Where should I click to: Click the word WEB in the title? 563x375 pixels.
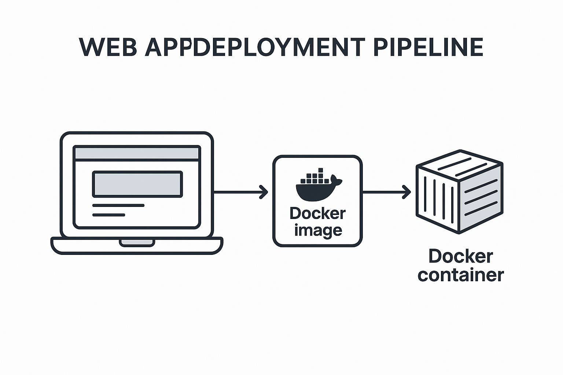tap(108, 47)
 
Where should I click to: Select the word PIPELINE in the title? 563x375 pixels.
tap(428, 47)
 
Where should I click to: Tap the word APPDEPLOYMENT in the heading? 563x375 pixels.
tap(255, 47)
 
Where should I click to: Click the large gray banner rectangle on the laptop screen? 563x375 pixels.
tap(137, 184)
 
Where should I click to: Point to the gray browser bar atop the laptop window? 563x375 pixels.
tap(136, 153)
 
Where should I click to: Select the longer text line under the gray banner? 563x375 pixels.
tap(118, 205)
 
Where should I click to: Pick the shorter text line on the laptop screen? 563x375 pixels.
tap(108, 215)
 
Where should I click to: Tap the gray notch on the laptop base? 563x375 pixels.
tap(137, 242)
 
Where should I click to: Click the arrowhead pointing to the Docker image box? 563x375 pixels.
tap(264, 192)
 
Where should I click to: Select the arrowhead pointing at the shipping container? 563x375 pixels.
tap(406, 192)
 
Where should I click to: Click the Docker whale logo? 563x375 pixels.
tap(317, 187)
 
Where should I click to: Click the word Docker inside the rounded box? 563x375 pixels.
tap(317, 214)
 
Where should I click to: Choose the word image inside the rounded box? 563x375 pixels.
tap(318, 230)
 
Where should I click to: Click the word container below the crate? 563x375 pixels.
tap(460, 275)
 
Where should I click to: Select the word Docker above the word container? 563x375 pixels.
tap(460, 256)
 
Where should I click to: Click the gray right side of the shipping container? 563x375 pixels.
tap(481, 198)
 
